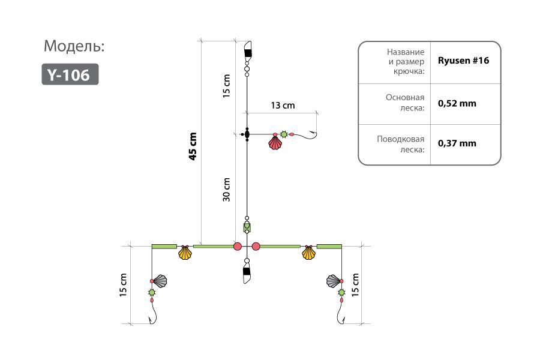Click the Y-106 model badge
point(70,74)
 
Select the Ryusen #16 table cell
point(463,61)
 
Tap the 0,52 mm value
point(457,103)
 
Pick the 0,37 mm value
point(457,143)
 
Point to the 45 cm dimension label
point(193,146)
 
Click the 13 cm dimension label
point(283,106)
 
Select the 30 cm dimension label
point(226,190)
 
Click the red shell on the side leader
point(275,143)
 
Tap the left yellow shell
point(185,253)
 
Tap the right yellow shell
point(308,253)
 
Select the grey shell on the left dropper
point(160,281)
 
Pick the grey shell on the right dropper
point(333,281)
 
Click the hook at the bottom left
point(154,315)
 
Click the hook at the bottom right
point(340,315)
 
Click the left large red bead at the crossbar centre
point(237,247)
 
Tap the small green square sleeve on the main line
point(247,227)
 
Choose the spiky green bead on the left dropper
point(152,292)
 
